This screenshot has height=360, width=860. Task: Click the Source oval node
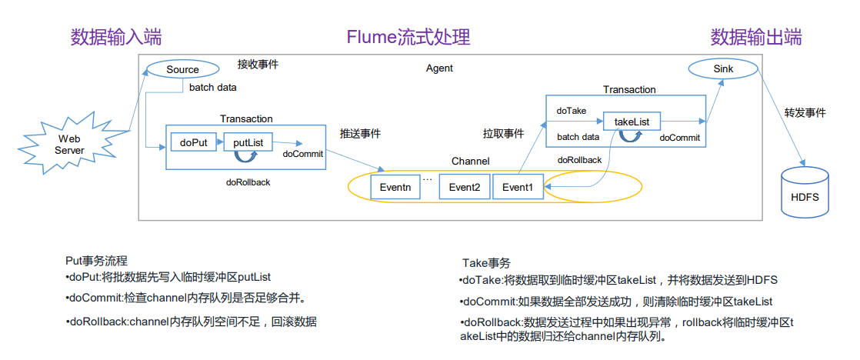click(x=182, y=69)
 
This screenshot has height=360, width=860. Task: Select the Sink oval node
click(x=722, y=69)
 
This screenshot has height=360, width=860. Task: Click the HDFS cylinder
click(x=805, y=195)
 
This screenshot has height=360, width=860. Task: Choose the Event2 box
click(x=465, y=187)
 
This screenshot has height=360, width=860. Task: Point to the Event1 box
click(x=517, y=187)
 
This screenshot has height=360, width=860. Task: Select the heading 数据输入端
click(x=116, y=37)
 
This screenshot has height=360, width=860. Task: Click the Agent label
click(x=439, y=68)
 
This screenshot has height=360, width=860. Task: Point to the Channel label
click(x=470, y=162)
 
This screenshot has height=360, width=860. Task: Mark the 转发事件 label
click(x=805, y=112)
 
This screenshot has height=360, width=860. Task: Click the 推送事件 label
click(x=360, y=133)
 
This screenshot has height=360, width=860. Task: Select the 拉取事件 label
click(x=503, y=134)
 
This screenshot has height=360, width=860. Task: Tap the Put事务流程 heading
click(x=102, y=262)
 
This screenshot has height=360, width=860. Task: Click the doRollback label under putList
click(x=248, y=182)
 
